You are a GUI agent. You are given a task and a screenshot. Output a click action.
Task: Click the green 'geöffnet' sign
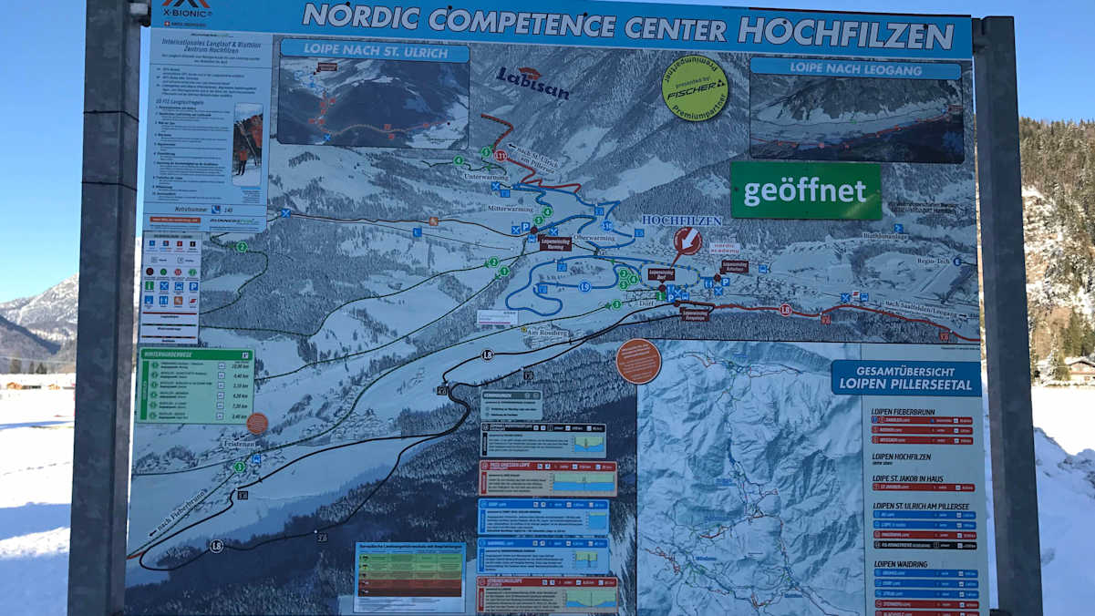(805, 191)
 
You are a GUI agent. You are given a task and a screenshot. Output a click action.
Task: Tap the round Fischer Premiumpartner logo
(695, 87)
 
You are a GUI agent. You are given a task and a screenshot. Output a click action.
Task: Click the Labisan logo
(532, 83)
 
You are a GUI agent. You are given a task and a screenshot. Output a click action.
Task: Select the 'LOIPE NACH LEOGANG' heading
(855, 68)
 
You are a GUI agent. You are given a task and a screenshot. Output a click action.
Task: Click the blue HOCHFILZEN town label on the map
(681, 220)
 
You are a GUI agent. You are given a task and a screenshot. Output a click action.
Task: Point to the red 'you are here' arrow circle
(687, 241)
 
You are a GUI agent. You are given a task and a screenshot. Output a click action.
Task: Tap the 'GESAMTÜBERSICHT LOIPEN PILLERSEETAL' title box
(905, 377)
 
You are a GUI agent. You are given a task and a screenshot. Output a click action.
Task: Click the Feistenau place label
(238, 442)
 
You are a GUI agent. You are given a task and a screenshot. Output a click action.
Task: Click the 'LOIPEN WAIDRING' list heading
(902, 564)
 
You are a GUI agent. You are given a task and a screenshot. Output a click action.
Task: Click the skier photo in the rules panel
(247, 144)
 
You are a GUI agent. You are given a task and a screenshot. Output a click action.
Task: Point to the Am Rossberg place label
(547, 333)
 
